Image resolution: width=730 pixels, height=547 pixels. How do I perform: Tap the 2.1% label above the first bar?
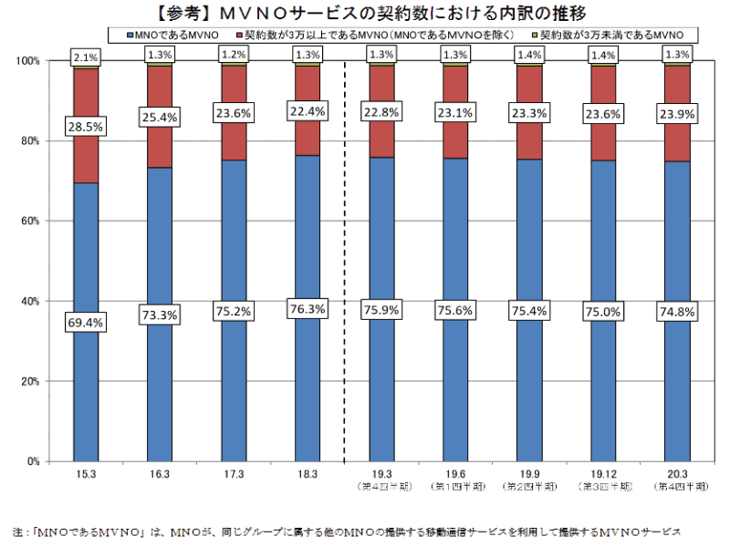(x=87, y=58)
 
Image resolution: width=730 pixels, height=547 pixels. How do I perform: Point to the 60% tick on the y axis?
(x=29, y=221)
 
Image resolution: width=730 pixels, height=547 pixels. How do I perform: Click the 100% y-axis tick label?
(x=27, y=61)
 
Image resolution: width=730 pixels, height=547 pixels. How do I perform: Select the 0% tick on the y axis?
(x=33, y=461)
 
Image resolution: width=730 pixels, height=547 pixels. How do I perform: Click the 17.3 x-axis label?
(x=234, y=475)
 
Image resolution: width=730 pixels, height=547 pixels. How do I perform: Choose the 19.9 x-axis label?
(x=528, y=475)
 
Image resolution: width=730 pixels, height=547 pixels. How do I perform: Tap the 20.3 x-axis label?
(x=676, y=475)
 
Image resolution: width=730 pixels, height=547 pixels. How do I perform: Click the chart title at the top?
(x=365, y=13)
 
